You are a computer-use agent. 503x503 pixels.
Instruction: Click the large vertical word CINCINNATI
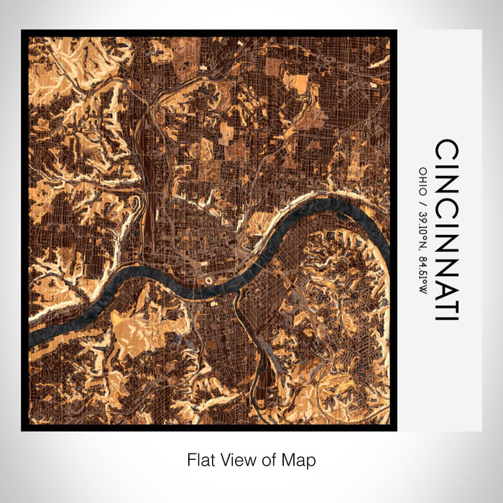tap(446, 230)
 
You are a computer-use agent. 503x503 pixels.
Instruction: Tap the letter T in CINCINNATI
tap(446, 301)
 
